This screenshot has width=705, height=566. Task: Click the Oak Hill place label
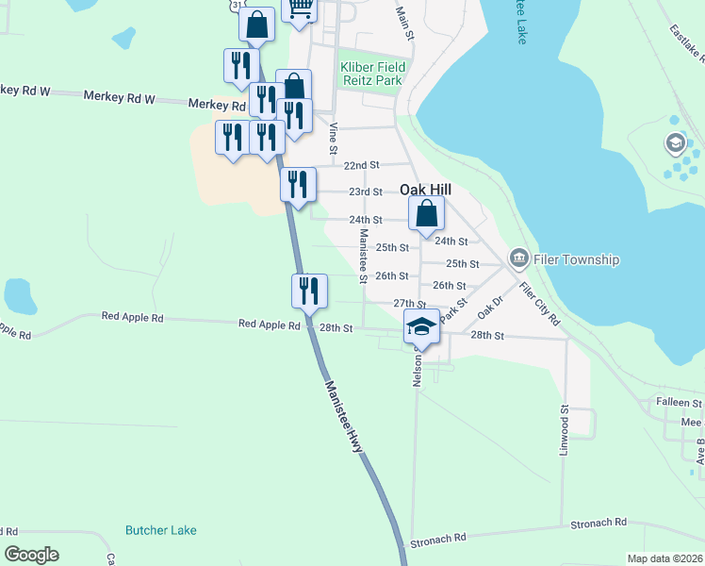(x=426, y=190)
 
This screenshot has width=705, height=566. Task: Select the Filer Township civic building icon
(x=518, y=258)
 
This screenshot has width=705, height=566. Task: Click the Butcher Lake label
(x=161, y=530)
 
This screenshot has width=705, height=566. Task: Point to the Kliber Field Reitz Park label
(x=372, y=74)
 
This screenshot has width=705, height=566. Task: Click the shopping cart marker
(x=299, y=9)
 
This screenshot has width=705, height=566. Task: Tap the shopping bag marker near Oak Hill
(x=426, y=215)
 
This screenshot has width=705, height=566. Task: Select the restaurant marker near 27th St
(x=308, y=292)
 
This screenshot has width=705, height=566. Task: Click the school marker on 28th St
(x=421, y=327)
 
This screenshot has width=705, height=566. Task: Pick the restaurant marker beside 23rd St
(x=298, y=185)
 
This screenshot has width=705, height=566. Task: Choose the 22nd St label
(x=361, y=165)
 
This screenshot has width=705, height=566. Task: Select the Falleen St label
(x=680, y=402)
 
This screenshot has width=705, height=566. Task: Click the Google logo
(x=32, y=555)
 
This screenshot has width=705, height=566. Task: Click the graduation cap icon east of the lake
(x=675, y=144)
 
